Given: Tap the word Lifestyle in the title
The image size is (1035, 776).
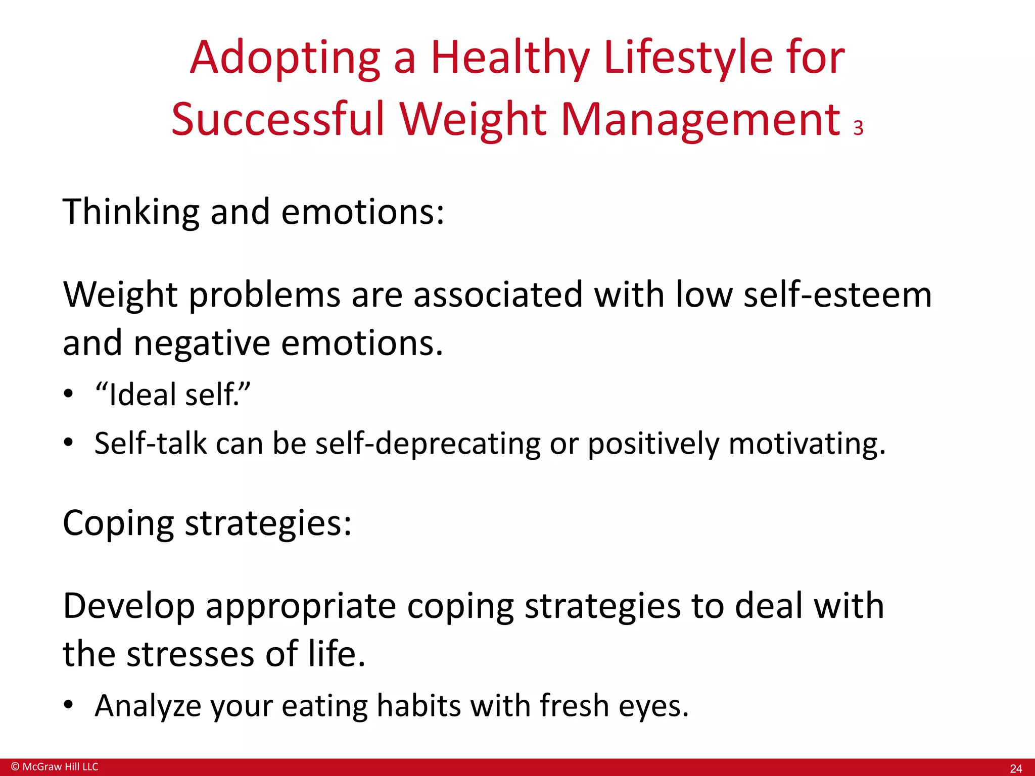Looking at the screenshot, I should click(x=688, y=58).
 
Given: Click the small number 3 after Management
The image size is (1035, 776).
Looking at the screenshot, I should click(x=858, y=128).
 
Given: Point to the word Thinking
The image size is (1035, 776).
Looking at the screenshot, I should click(x=131, y=212).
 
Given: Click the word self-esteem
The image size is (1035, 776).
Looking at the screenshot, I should click(x=837, y=295).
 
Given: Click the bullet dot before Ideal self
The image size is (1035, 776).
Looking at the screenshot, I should click(x=69, y=394).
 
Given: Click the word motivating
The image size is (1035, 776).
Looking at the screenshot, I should click(x=807, y=444).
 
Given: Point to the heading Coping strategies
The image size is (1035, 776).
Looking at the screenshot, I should click(x=207, y=523).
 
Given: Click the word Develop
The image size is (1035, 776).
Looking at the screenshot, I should click(x=129, y=606).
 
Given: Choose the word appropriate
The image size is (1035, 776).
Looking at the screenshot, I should click(x=301, y=606).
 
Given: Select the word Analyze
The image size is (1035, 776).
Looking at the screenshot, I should click(x=148, y=706).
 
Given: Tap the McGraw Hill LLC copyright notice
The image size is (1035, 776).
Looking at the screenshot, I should click(x=55, y=767).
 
